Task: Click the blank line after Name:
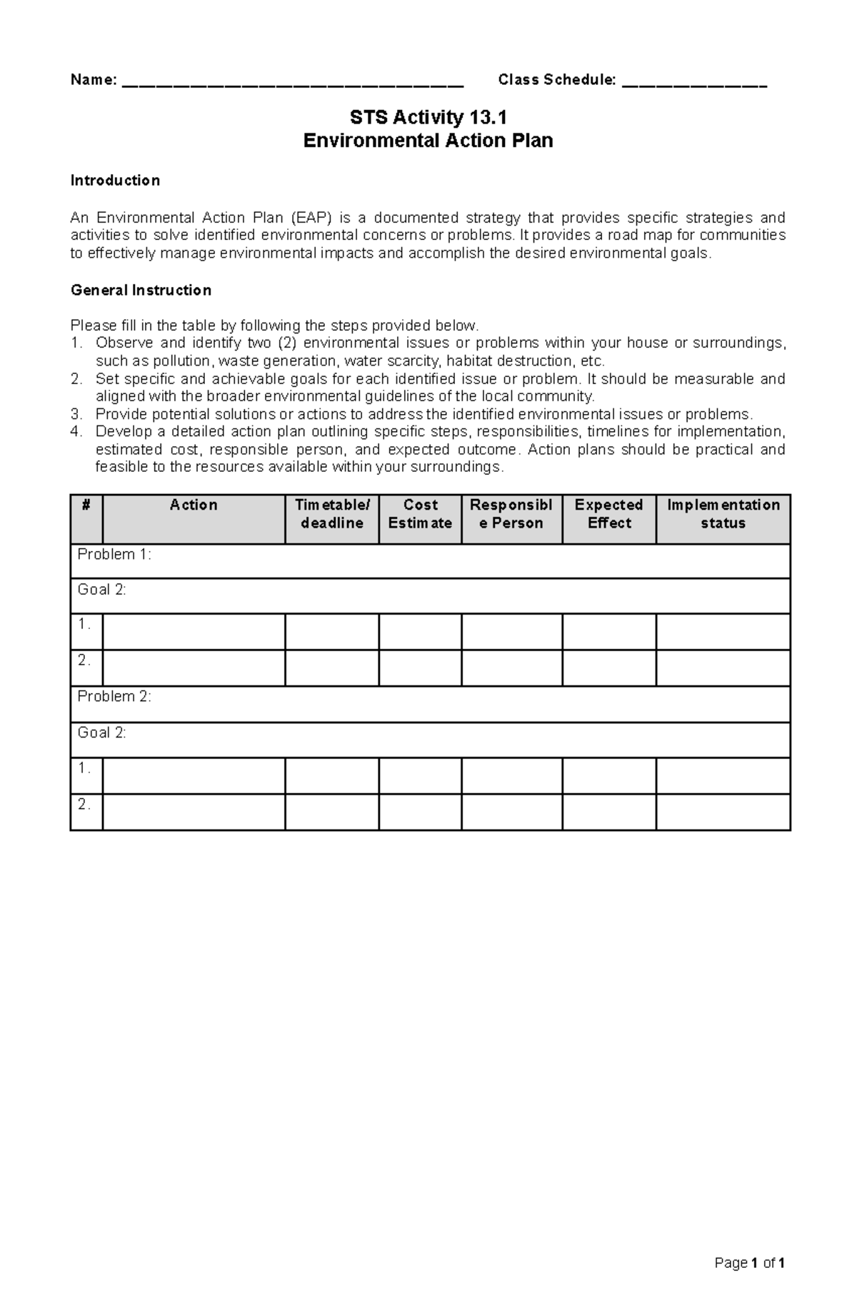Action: pyautogui.click(x=293, y=83)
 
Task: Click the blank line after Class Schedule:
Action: pyautogui.click(x=694, y=83)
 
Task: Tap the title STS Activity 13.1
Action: pyautogui.click(x=428, y=117)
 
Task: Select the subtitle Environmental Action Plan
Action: pyautogui.click(x=428, y=141)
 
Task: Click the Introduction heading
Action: pyautogui.click(x=114, y=181)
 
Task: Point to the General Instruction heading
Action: pyautogui.click(x=141, y=291)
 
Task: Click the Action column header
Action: pyautogui.click(x=194, y=505)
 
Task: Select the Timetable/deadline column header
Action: pyautogui.click(x=332, y=514)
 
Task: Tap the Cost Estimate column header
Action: pyautogui.click(x=420, y=514)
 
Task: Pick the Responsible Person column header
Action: pyautogui.click(x=511, y=514)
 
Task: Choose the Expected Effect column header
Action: pyautogui.click(x=609, y=514)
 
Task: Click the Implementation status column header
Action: pyautogui.click(x=723, y=514)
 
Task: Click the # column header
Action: pyautogui.click(x=86, y=505)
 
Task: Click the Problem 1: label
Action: pyautogui.click(x=114, y=555)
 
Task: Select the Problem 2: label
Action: pyautogui.click(x=114, y=697)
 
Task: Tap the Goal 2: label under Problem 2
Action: pyautogui.click(x=101, y=733)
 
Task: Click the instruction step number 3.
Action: pyautogui.click(x=76, y=415)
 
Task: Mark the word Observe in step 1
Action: pyautogui.click(x=124, y=343)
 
